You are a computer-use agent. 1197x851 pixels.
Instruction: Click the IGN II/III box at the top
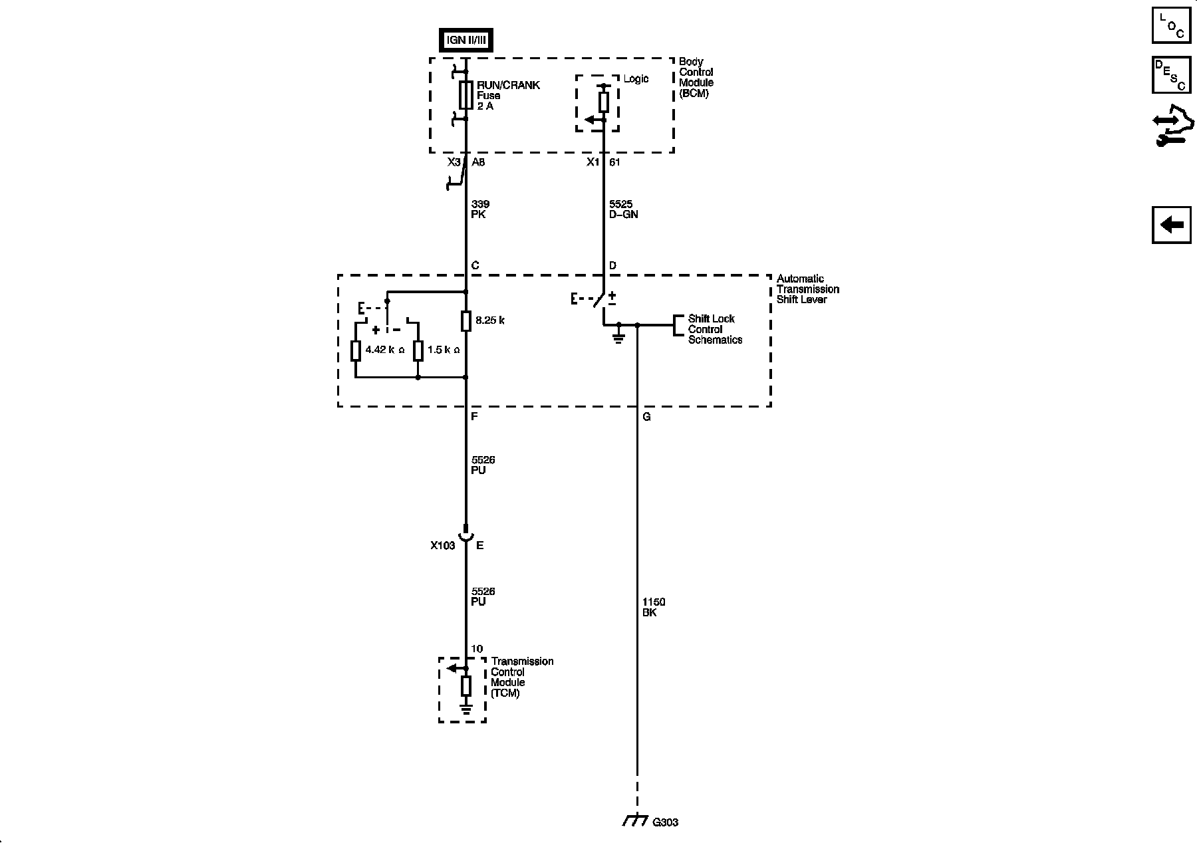465,40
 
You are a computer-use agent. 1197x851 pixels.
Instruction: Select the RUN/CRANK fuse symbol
465,95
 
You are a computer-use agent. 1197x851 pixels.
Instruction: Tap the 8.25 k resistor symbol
465,321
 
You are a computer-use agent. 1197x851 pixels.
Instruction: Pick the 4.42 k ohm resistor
356,350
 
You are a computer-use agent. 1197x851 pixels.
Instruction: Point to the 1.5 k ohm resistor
418,350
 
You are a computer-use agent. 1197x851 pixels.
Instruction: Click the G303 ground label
664,822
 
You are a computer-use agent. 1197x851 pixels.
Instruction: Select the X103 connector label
442,546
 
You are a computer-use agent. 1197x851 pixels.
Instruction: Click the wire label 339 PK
479,209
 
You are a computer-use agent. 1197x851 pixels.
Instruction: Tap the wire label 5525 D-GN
623,209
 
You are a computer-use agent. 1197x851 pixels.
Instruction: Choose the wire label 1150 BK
653,607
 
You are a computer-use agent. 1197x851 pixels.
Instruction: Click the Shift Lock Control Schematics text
715,329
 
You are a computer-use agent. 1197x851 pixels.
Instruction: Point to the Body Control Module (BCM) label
696,77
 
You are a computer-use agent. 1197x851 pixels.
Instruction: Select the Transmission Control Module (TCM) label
522,677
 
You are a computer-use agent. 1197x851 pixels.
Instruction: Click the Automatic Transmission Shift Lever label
807,289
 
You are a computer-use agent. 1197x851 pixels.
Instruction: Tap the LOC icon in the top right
1171,25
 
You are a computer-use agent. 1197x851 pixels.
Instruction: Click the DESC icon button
1171,74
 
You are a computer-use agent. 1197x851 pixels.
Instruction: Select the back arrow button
1171,225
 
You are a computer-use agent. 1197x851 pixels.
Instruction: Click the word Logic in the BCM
636,79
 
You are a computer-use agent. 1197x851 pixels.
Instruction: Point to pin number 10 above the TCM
477,649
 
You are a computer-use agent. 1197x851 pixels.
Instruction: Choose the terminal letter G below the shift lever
646,417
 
